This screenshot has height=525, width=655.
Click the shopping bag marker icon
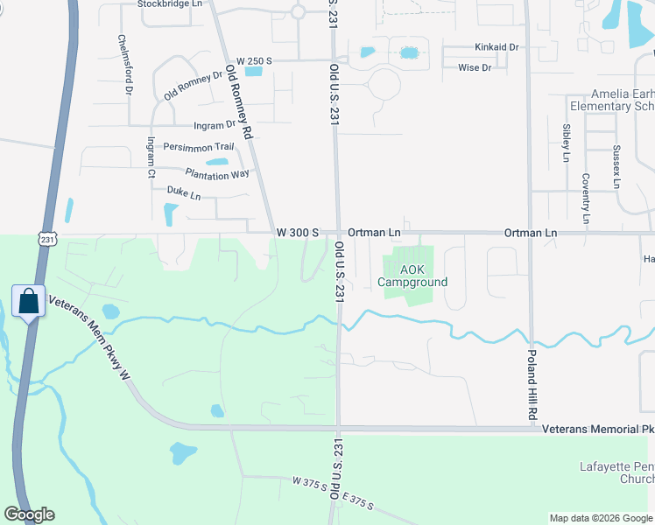coord(28,301)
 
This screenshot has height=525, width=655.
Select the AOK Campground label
coord(412,276)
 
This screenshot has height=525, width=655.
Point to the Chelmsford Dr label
coord(127,65)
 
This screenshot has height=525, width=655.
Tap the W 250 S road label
coord(255,60)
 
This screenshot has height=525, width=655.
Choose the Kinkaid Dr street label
coord(497,46)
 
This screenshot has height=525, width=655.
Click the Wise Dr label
coord(475,66)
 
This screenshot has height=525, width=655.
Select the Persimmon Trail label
coord(199,146)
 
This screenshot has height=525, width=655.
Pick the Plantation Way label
coord(217,174)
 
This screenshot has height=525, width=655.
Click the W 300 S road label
coord(297,233)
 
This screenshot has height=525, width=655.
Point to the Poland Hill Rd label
coord(532,385)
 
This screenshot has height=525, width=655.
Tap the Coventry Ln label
coord(586,197)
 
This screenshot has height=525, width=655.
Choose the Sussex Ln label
coord(616,167)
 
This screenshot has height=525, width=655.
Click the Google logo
coord(29,514)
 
